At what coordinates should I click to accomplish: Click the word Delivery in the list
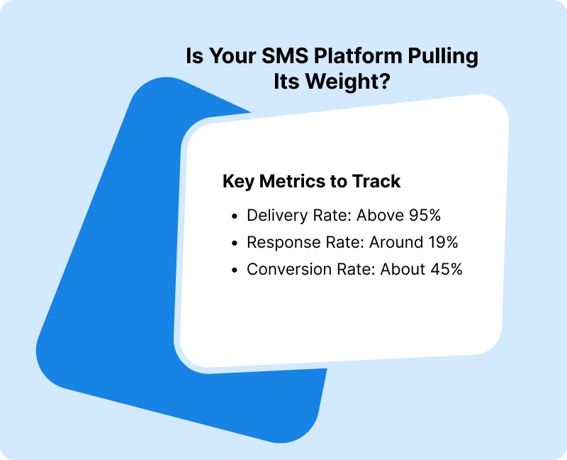(273, 215)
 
